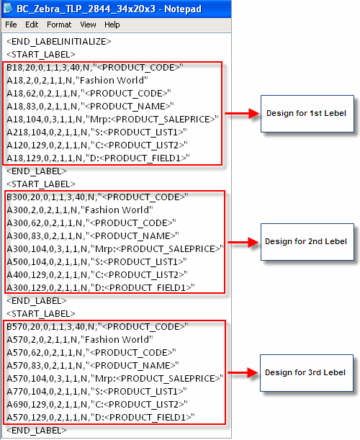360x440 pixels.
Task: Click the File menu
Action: (11, 24)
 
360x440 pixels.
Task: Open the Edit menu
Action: (32, 24)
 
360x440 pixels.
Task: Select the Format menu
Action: (59, 24)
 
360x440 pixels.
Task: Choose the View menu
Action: (88, 24)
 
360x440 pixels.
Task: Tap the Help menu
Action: (112, 24)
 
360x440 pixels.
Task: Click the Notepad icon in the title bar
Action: (8, 8)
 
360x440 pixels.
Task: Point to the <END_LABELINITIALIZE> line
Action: (59, 42)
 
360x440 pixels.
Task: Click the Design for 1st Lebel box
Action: (307, 114)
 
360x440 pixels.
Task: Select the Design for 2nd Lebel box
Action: (307, 242)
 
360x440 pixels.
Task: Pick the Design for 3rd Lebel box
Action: (307, 373)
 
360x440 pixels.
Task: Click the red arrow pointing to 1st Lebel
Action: (243, 113)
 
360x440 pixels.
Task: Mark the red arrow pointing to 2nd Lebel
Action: (243, 242)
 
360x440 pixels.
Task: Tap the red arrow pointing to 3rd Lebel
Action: (243, 372)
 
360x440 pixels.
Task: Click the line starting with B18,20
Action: (95, 68)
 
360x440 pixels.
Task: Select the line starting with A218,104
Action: (96, 133)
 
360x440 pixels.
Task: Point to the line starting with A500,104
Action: (96, 262)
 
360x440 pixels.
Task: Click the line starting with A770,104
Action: (96, 392)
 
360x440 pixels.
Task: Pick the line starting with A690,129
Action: (97, 405)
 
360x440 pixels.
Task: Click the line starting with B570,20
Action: (97, 327)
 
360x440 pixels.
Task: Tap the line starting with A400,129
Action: (97, 274)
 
